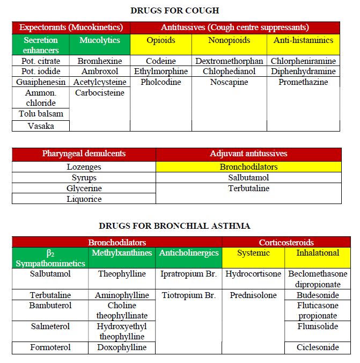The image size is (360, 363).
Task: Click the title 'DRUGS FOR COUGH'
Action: click(174, 10)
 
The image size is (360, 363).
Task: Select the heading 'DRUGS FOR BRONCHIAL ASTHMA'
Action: click(174, 226)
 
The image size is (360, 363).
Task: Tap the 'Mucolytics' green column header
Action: click(100, 40)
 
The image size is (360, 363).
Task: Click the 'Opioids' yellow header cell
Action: click(161, 40)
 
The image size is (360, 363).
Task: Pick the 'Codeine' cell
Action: click(161, 61)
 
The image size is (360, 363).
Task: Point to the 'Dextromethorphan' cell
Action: click(229, 61)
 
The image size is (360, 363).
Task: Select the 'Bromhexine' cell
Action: click(100, 61)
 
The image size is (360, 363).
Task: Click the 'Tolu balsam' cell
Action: click(41, 114)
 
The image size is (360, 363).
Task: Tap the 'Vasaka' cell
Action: click(41, 126)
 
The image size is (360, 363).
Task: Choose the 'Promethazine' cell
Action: click(303, 82)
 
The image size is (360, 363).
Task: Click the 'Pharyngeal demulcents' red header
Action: click(84, 154)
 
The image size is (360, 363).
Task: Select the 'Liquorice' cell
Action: click(84, 199)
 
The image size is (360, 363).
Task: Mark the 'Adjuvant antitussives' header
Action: click(248, 154)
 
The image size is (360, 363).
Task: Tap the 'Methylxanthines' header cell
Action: click(122, 252)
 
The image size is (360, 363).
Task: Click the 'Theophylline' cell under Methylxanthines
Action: click(122, 274)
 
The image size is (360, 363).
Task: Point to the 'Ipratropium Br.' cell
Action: click(188, 274)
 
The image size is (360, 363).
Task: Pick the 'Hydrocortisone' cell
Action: click(253, 274)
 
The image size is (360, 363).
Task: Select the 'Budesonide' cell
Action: click(318, 295)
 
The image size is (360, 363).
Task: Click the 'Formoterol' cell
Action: click(50, 347)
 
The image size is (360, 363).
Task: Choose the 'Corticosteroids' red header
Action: click(286, 242)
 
